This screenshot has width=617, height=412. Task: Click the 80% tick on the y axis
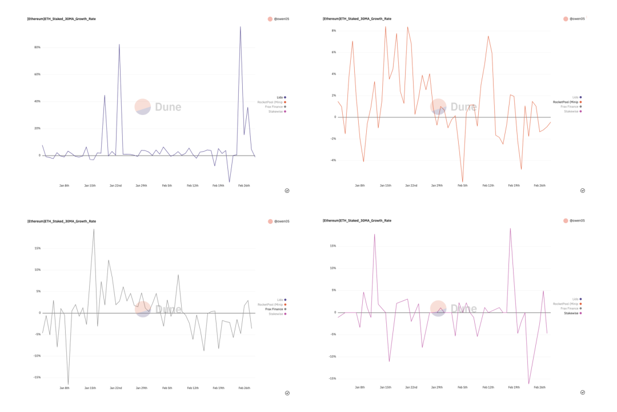pos(37,47)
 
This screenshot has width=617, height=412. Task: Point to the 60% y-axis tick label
pos(37,74)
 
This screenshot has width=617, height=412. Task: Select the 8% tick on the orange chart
pos(334,30)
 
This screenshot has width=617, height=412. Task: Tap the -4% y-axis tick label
pos(333,160)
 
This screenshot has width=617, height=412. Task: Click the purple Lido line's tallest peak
pos(240,26)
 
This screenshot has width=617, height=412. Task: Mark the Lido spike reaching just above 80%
pos(119,45)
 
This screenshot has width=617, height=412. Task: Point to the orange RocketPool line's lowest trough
pos(463,182)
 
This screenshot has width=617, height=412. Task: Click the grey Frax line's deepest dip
pos(68,385)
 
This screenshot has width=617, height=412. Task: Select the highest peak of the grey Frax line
pos(94,229)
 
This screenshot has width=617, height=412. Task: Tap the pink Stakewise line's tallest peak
pos(510,228)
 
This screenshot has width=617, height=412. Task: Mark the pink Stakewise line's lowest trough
pos(528,383)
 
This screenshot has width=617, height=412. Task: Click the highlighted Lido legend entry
pos(280,97)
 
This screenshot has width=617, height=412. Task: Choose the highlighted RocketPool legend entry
pos(566,102)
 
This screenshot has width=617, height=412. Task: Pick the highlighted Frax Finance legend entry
pos(274,309)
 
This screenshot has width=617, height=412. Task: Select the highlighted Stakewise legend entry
pos(571,313)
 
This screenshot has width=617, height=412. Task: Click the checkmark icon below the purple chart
pos(287,191)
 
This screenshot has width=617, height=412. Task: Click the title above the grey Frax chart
pos(62,221)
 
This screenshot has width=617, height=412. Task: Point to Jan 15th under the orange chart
pos(386,185)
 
